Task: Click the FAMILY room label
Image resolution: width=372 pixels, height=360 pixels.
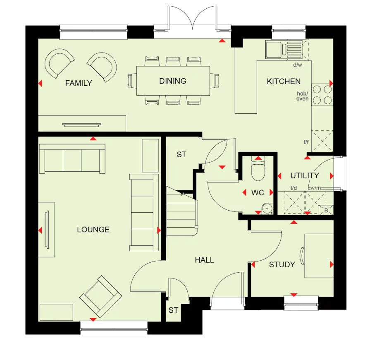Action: coord(79,84)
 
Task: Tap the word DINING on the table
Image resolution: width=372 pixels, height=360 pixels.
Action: coord(173,81)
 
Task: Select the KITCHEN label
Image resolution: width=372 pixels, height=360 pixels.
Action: coord(284,82)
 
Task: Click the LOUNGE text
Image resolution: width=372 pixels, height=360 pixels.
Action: coord(93,230)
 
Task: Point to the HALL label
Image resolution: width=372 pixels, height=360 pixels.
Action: coord(205,260)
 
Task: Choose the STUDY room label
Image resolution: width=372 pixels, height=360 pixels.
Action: coord(282,265)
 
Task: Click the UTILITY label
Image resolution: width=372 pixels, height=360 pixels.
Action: coord(304,176)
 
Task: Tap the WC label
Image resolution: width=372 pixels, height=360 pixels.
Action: coord(258,193)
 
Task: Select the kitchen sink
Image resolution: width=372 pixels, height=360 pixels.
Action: coord(274,50)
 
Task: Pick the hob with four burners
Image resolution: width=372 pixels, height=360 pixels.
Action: coord(322,94)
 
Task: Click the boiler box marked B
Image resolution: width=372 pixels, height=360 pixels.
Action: coord(326,210)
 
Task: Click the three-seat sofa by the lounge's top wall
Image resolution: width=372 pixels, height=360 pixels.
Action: coord(72,158)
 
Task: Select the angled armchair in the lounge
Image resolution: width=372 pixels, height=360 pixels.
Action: coord(100,296)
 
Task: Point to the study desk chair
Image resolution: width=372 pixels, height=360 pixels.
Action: coord(302,256)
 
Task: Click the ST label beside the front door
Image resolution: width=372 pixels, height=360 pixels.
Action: coord(173,310)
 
